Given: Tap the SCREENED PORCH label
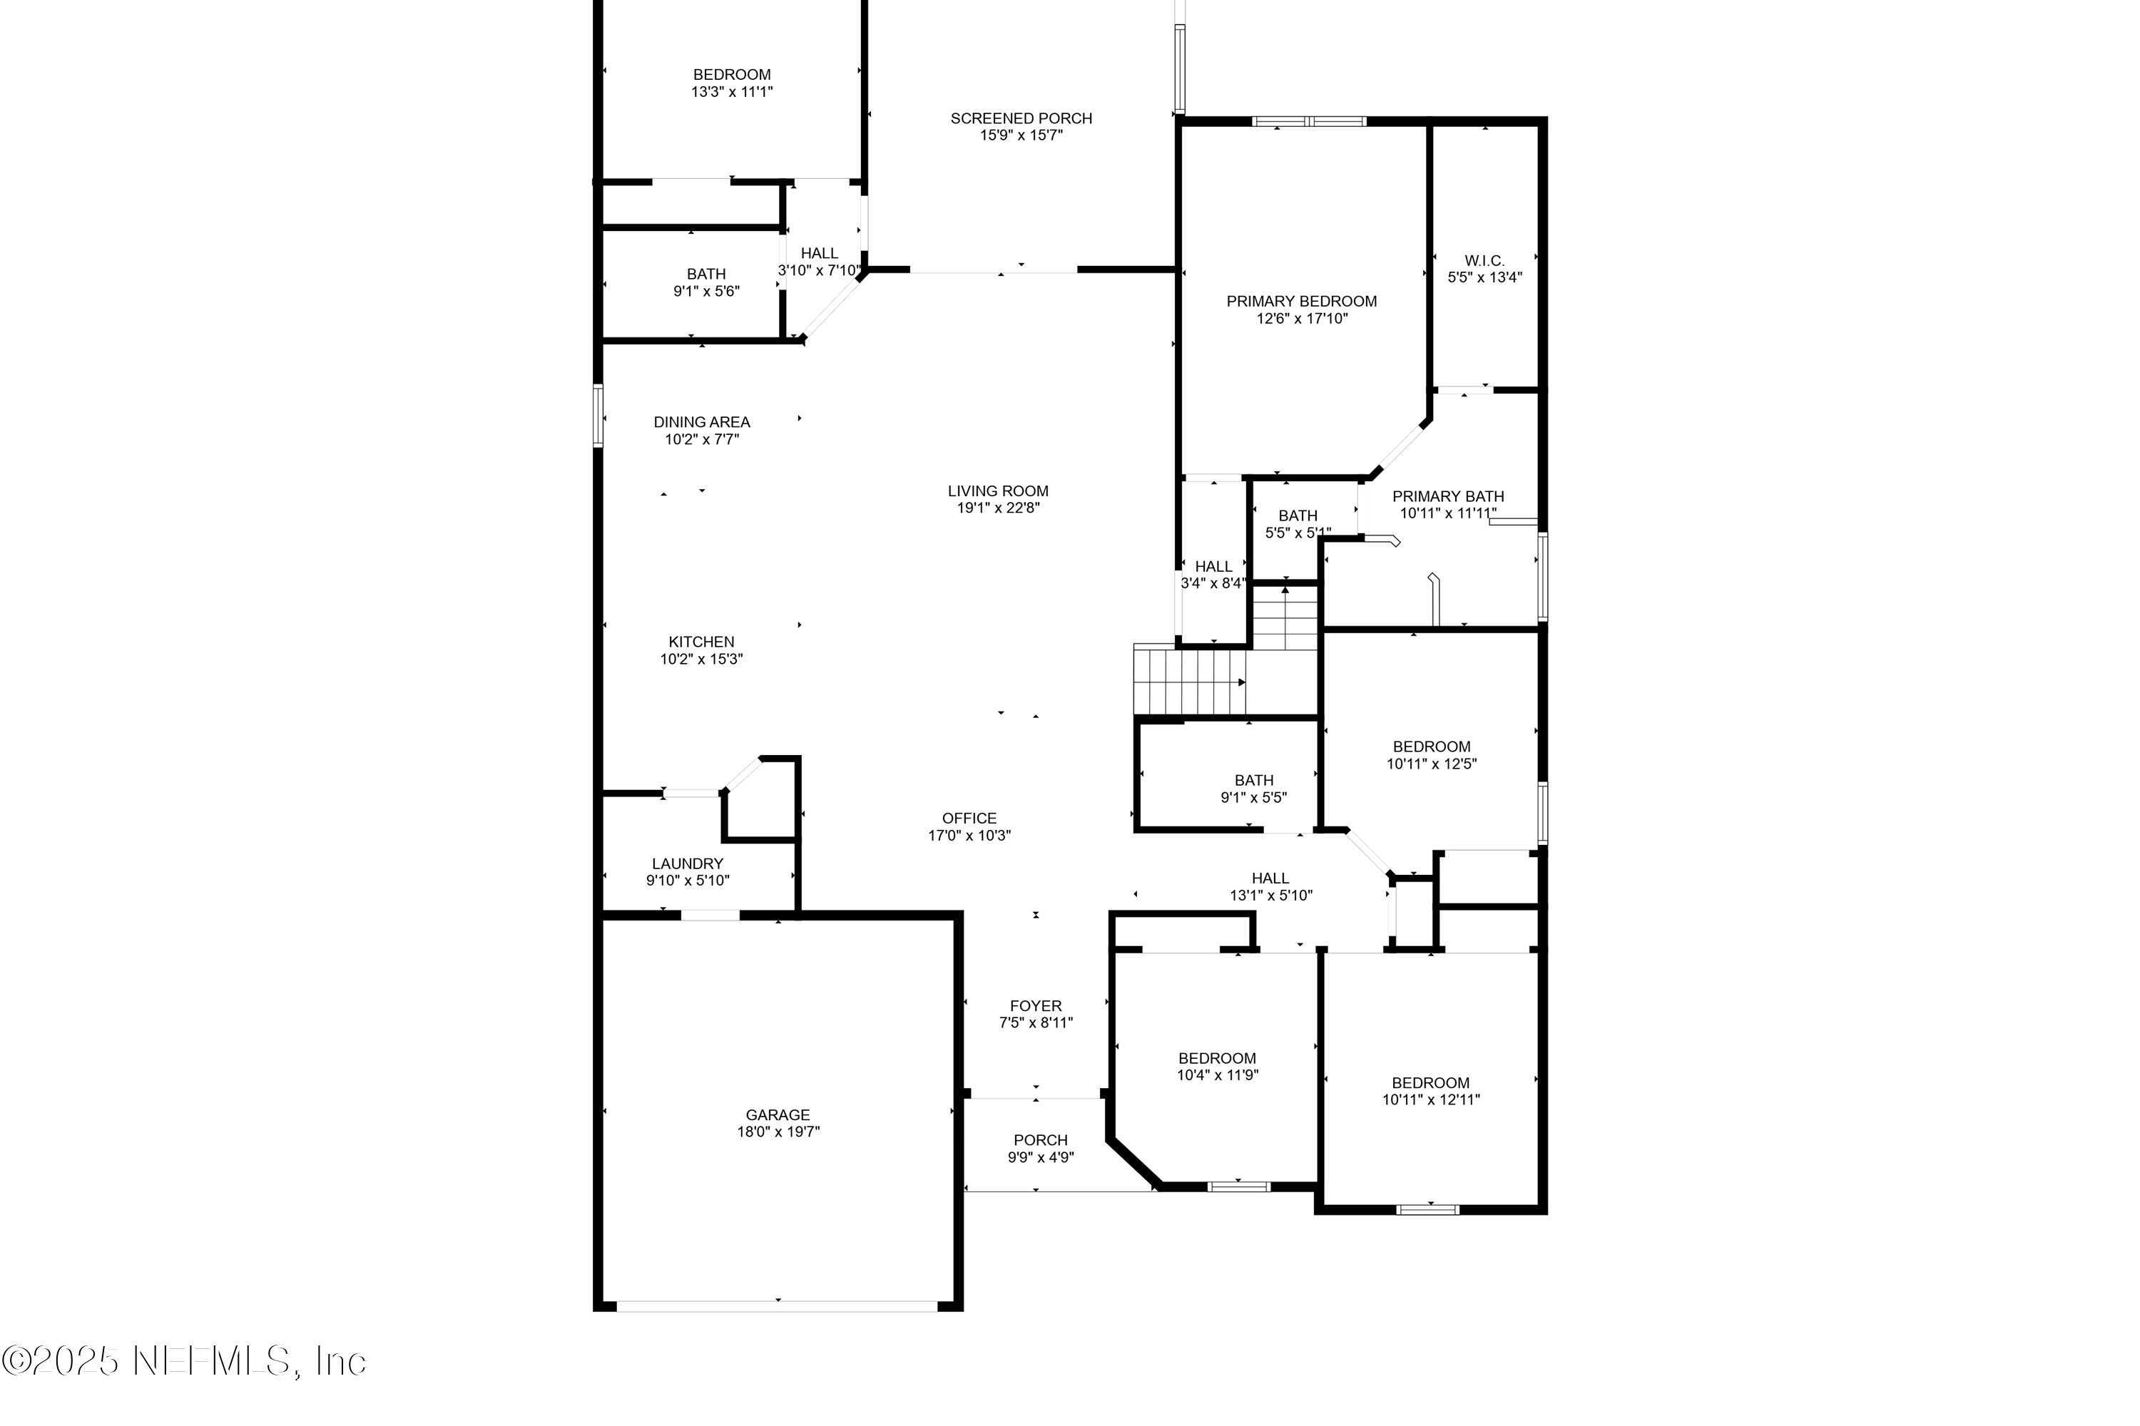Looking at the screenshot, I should [x=1021, y=118].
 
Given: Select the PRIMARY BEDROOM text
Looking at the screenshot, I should [x=1301, y=301].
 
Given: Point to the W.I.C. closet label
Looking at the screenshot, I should [x=1484, y=261].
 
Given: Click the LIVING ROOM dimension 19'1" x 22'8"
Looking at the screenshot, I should [x=998, y=508].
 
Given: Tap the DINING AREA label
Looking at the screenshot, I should [x=701, y=422].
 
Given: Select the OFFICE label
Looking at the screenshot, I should [x=969, y=819].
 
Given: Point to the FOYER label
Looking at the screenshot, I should [x=1036, y=1006].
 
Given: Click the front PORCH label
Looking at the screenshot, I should [x=1041, y=1140].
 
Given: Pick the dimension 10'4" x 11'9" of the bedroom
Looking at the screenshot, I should [x=1218, y=1075].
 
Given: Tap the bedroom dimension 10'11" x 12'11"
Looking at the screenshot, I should [x=1430, y=1099].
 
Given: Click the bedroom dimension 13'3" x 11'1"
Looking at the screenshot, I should [x=732, y=92].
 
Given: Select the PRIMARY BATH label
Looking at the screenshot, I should [x=1447, y=496].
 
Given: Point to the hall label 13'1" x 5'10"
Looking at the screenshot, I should [x=1270, y=896].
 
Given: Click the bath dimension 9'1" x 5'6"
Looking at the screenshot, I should [x=706, y=292].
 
